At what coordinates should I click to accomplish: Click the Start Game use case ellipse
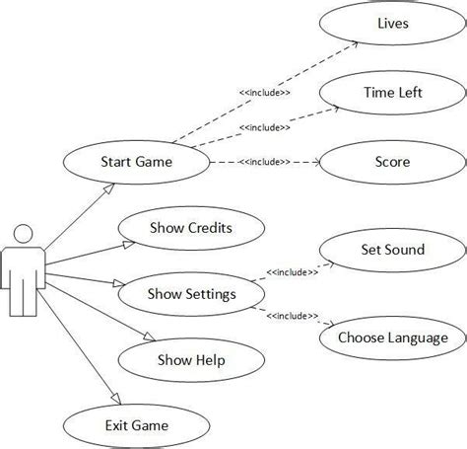pyautogui.click(x=137, y=162)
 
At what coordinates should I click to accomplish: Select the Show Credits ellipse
pyautogui.click(x=191, y=228)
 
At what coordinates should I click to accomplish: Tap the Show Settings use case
pyautogui.click(x=191, y=293)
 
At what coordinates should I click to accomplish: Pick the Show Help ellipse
pyautogui.click(x=191, y=359)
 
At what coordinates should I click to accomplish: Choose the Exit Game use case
pyautogui.click(x=137, y=425)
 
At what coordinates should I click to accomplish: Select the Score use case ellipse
pyautogui.click(x=393, y=162)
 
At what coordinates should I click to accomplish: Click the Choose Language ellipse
pyautogui.click(x=393, y=337)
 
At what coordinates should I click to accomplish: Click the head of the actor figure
pyautogui.click(x=24, y=234)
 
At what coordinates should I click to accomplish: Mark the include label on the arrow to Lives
pyautogui.click(x=264, y=93)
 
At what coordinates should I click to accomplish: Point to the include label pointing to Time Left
pyautogui.click(x=263, y=127)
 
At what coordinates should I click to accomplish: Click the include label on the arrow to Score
pyautogui.click(x=263, y=161)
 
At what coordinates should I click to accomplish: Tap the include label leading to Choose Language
pyautogui.click(x=292, y=316)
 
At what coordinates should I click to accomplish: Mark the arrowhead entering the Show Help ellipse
pyautogui.click(x=152, y=341)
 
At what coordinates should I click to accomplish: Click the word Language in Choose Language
pyautogui.click(x=418, y=337)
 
